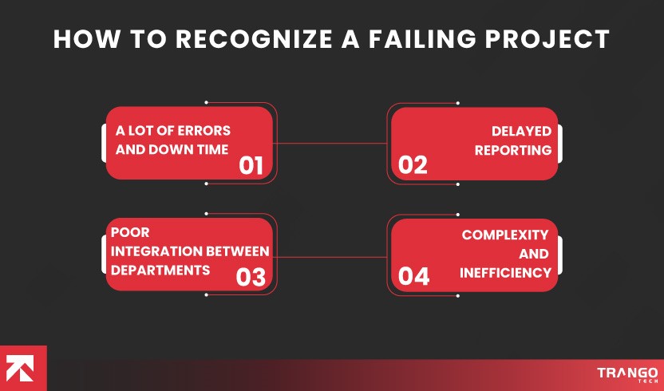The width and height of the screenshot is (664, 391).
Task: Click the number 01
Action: pyautogui.click(x=251, y=165)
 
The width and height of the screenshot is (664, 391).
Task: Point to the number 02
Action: pyautogui.click(x=413, y=165)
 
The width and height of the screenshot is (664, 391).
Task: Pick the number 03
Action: pyautogui.click(x=251, y=277)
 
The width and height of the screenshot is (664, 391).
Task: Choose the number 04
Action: pyautogui.click(x=413, y=277)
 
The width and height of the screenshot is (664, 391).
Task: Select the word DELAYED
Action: pyautogui.click(x=521, y=131)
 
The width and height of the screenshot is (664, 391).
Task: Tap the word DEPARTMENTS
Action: pyautogui.click(x=160, y=270)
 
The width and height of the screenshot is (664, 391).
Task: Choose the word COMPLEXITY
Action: pyautogui.click(x=505, y=235)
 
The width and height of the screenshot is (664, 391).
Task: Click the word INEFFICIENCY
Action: pyautogui.click(x=505, y=272)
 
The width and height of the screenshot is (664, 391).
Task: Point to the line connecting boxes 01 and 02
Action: pyautogui.click(x=330, y=144)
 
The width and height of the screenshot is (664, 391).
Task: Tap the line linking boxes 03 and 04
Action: pyautogui.click(x=330, y=257)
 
